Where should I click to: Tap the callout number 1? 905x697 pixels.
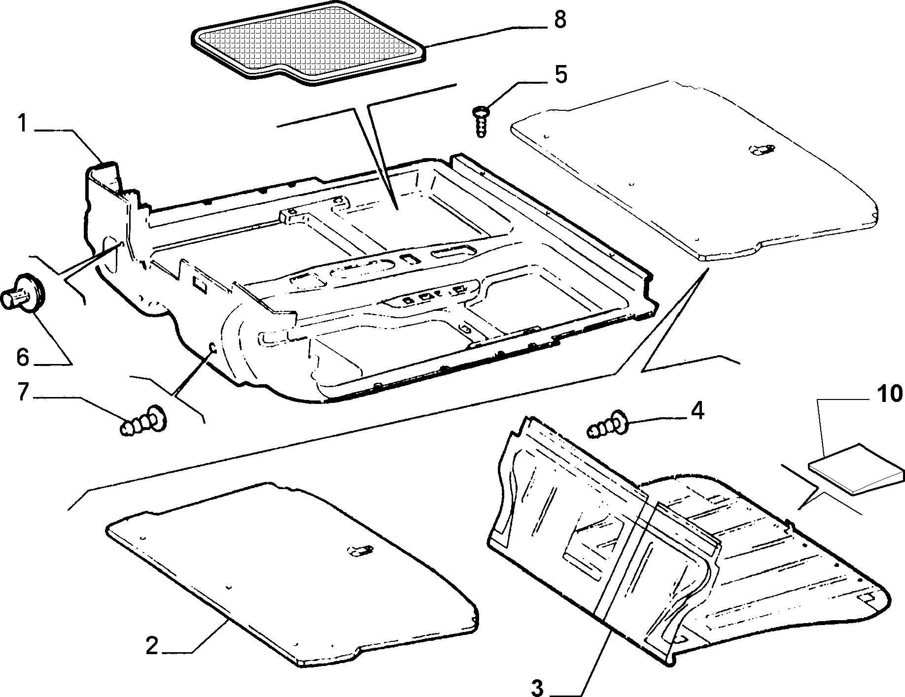[x=22, y=123]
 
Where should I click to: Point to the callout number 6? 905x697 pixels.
[x=23, y=357]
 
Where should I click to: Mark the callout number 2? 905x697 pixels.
[x=152, y=646]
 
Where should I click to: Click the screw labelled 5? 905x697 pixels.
[x=481, y=121]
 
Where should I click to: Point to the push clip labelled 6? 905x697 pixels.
[x=23, y=292]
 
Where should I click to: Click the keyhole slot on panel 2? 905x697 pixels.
[x=361, y=551]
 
